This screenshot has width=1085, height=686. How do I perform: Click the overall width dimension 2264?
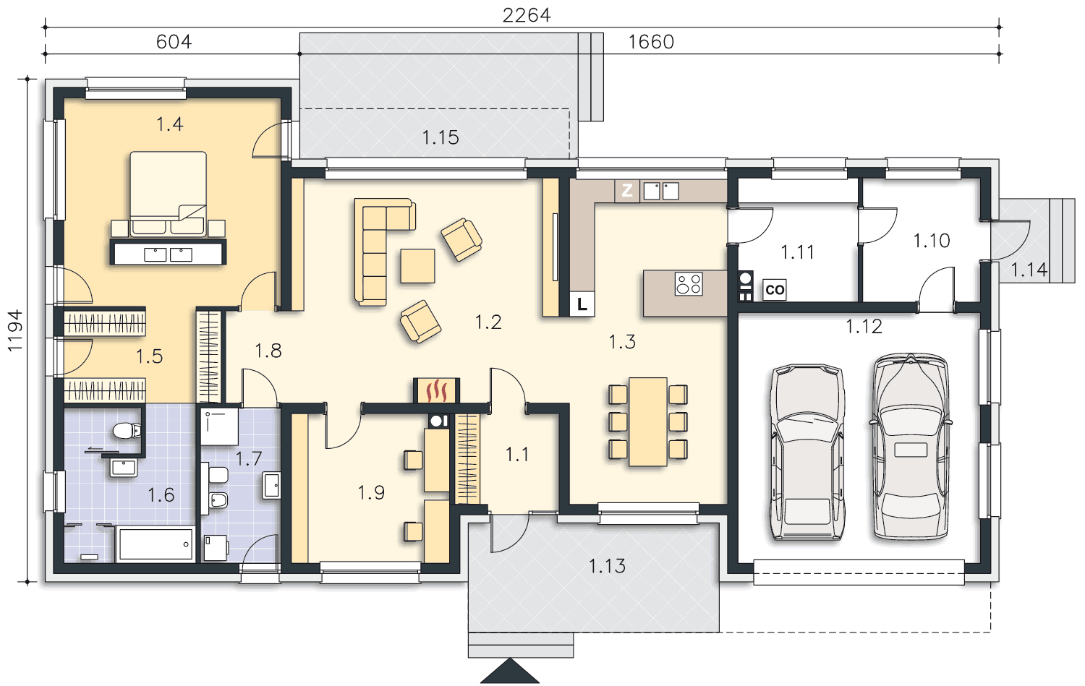point(527,15)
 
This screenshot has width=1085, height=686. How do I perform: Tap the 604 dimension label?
point(174,42)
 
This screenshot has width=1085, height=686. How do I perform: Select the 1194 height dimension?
point(15,330)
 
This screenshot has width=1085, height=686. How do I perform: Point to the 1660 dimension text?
point(651,42)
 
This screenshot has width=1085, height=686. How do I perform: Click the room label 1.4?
point(169,124)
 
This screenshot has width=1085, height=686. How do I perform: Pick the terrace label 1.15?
point(441,137)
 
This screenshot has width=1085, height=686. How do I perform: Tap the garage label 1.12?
point(864,327)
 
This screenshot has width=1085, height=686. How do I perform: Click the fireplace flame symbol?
point(436,390)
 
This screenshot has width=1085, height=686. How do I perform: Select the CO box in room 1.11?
point(774,289)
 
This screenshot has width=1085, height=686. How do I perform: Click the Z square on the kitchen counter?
point(627,190)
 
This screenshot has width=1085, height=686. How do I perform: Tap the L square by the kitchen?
point(582,304)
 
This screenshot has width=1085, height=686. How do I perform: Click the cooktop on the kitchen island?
point(689,283)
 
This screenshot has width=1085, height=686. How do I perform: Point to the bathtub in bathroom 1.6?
point(156,544)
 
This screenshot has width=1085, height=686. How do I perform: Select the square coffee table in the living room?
point(417,266)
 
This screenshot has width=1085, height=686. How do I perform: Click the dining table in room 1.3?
point(648,421)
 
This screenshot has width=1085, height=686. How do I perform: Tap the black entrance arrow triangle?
point(509,671)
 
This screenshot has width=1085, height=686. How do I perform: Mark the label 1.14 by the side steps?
point(1029,270)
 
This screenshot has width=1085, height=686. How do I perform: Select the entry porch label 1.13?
point(607,566)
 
